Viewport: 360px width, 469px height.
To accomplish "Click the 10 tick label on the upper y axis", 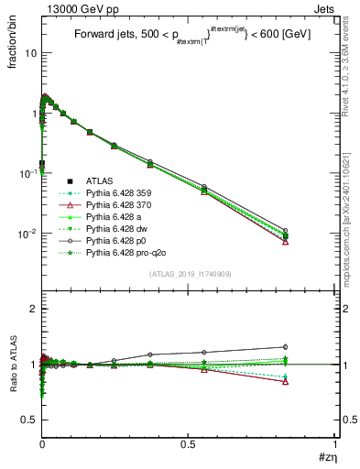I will pyautogui.click(x=30, y=53).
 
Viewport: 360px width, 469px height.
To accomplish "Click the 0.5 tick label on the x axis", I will pyautogui.click(x=188, y=444).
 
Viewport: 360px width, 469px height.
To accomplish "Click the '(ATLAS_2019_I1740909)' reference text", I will pyautogui.click(x=189, y=274).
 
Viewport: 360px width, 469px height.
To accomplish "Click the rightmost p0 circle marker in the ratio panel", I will pyautogui.click(x=311, y=347).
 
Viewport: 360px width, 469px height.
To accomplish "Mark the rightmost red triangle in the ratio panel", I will pyautogui.click(x=311, y=381).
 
